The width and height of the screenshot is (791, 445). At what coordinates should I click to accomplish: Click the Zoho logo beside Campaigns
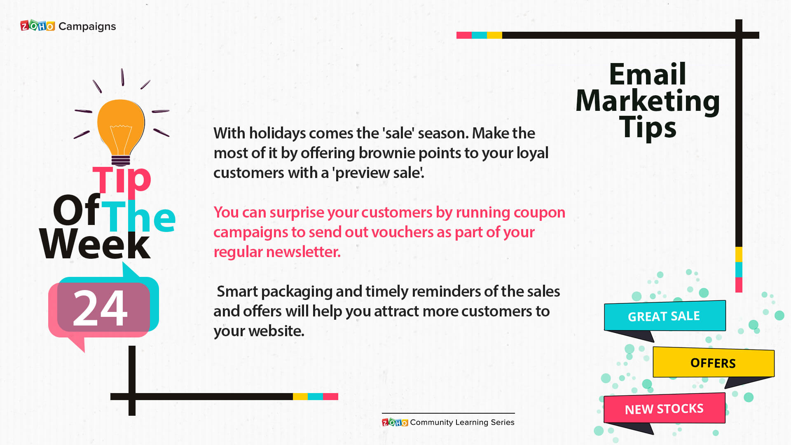pos(37,26)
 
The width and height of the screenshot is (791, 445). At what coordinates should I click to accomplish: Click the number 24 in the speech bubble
pos(100,308)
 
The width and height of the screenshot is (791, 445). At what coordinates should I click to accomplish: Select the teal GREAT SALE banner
pos(665,316)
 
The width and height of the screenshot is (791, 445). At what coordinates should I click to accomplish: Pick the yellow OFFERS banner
pos(714,363)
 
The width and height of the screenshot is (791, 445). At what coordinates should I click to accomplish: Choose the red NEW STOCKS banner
pos(664,409)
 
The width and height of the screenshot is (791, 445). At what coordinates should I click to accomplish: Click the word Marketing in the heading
pos(648,101)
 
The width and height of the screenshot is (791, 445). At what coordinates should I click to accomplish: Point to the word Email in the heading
pos(648,74)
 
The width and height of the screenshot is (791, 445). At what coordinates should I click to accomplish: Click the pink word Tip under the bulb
pos(122,180)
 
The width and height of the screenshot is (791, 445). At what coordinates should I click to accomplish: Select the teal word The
pos(138,216)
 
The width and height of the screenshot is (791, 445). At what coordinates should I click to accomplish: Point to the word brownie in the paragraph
pos(387,153)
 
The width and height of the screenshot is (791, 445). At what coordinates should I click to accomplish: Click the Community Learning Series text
pos(462,422)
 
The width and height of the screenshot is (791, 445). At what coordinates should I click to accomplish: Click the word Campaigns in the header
pos(87,27)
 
